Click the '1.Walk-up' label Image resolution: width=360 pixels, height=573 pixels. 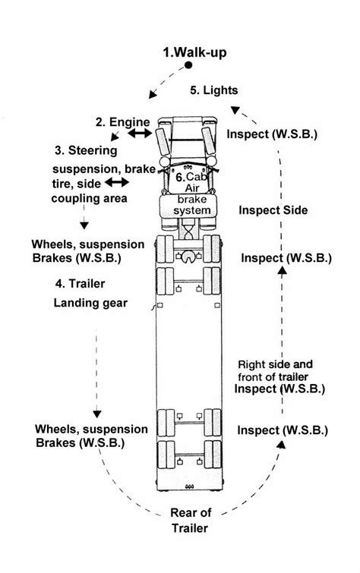[x=194, y=52]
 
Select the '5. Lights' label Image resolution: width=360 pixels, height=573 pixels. [x=213, y=90]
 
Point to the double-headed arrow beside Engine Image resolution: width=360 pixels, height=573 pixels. [x=139, y=134]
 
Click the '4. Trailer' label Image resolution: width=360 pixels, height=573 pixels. [x=81, y=285]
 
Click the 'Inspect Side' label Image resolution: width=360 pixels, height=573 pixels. [x=273, y=210]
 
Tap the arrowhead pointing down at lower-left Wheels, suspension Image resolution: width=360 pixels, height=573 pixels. [x=97, y=414]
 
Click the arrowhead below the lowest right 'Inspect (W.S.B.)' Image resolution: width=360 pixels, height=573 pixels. [x=281, y=444]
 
